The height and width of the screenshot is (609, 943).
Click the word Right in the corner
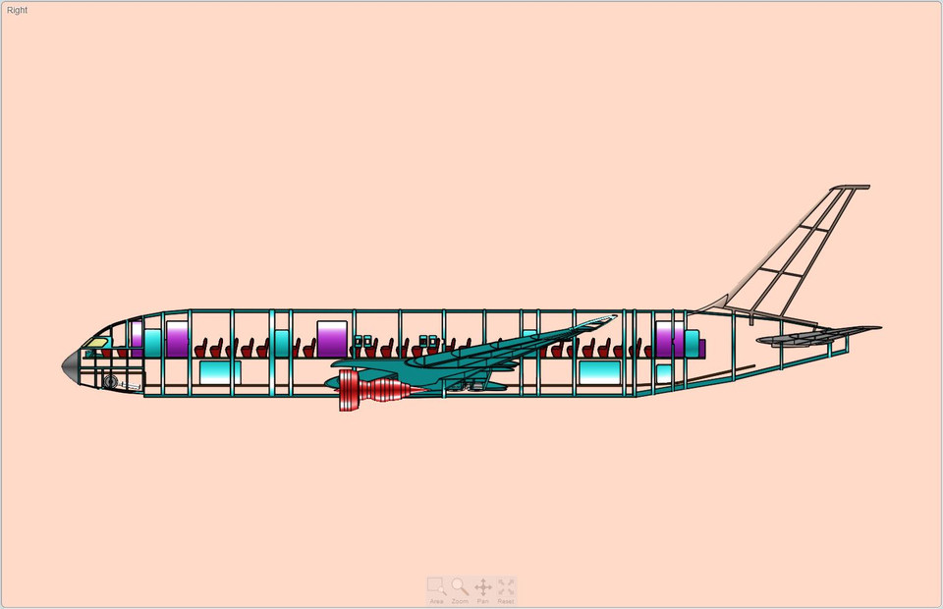pos(18,10)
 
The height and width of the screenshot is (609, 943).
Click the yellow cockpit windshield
pos(96,343)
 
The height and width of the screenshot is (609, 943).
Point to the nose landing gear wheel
pos(110,380)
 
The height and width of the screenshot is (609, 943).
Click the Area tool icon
pos(436,588)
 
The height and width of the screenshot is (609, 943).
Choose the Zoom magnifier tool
pos(460,588)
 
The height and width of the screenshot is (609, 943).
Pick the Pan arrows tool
pos(483,588)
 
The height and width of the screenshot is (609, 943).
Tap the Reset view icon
pos(506,588)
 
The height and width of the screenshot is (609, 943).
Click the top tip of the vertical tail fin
pos(851,187)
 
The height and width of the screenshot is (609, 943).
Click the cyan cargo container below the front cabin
pos(220,371)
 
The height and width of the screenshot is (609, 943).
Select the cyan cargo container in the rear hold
pos(598,371)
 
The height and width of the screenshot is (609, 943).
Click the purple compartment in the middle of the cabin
pos(332,339)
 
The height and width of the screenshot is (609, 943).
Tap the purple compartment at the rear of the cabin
pos(669,339)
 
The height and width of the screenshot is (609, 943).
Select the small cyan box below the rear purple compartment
pos(664,373)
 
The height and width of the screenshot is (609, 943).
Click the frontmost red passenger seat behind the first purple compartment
pos(201,349)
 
